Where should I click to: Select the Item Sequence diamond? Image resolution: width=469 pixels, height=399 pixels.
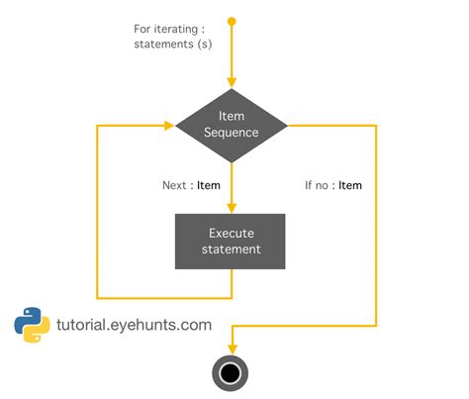coord(232,125)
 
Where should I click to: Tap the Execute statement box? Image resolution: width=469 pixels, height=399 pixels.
coord(232,242)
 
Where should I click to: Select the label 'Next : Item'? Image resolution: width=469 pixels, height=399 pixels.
coord(191,185)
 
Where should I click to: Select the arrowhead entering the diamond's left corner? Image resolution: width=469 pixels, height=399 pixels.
coord(169,125)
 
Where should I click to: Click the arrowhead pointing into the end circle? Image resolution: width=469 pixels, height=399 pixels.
coord(232,347)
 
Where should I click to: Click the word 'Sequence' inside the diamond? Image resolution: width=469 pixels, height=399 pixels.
coord(232,133)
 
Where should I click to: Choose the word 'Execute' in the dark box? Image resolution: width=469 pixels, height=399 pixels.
coord(232,234)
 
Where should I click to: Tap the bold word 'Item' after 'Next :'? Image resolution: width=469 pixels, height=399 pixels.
coord(209,185)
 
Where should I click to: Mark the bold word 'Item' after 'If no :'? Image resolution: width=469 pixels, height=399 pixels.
coord(350,185)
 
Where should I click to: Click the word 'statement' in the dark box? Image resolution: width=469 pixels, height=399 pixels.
coord(232,249)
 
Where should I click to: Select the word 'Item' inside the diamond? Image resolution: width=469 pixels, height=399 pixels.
coord(232,117)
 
